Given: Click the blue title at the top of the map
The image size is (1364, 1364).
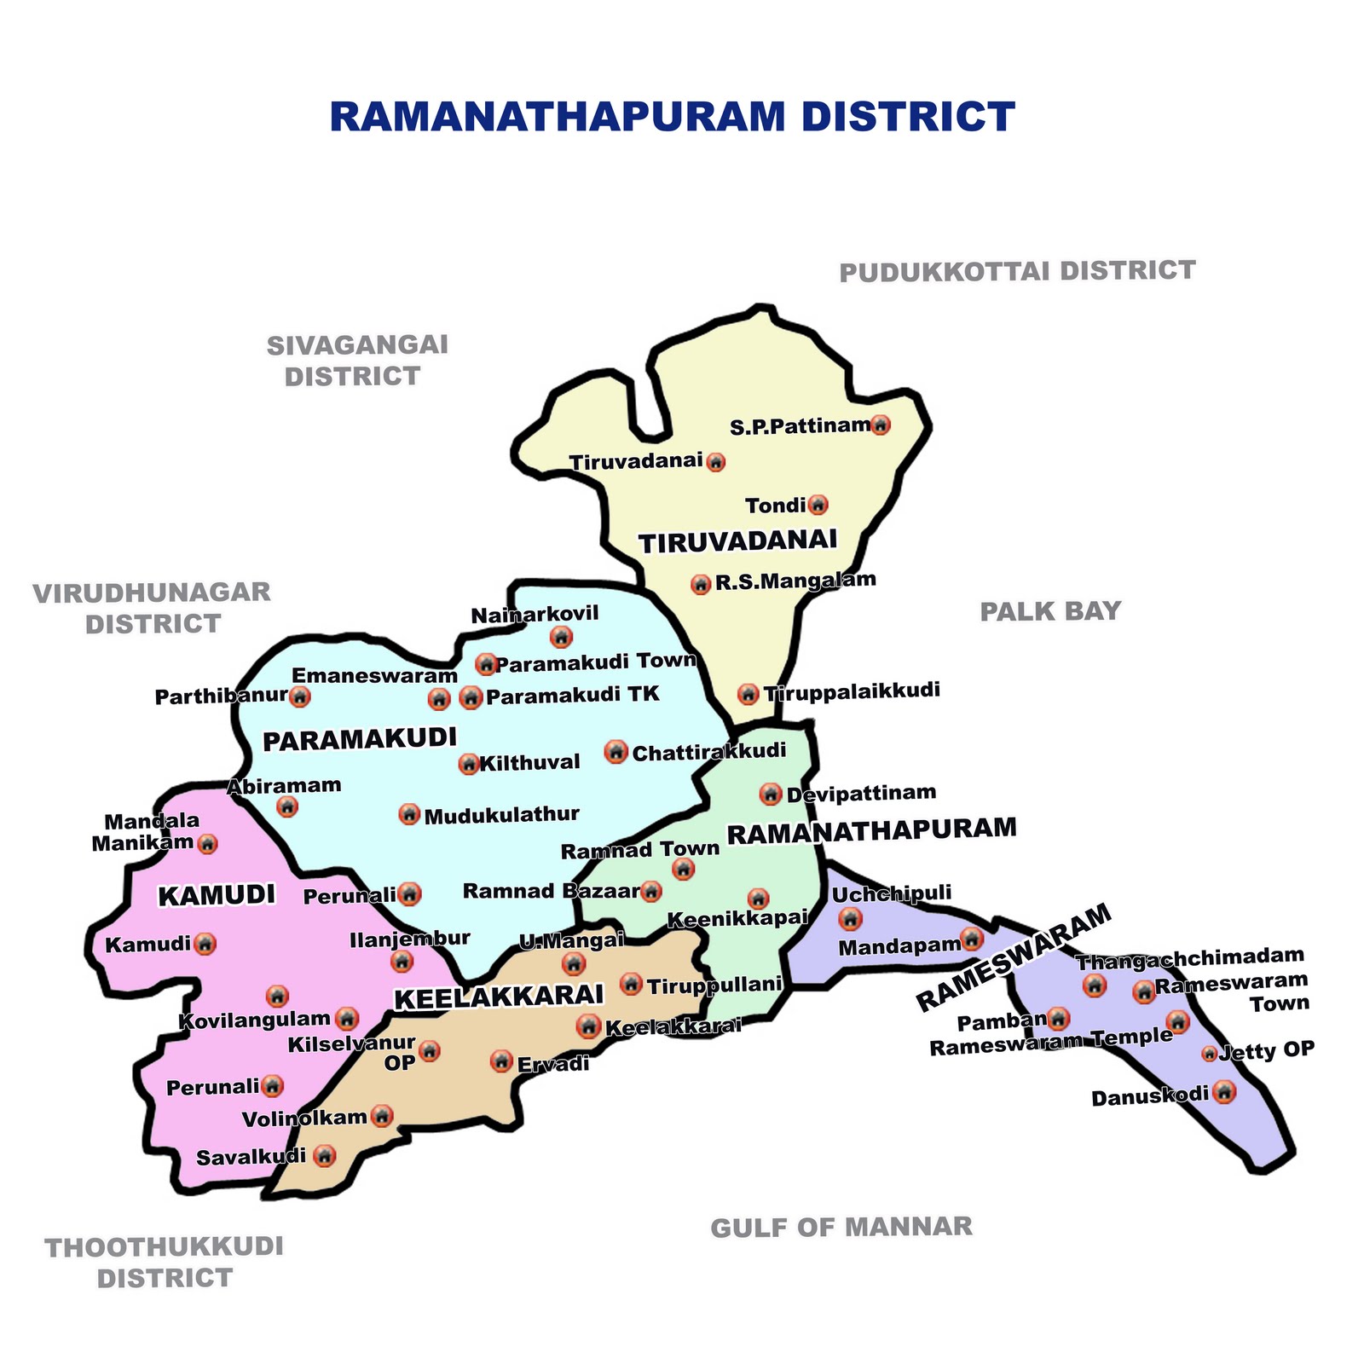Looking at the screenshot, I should tap(672, 118).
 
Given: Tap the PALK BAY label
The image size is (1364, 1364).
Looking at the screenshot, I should tap(1049, 611).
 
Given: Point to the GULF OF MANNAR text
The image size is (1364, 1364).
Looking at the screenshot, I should tap(841, 1227).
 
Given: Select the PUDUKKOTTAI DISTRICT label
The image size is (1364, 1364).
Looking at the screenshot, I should tap(1017, 271).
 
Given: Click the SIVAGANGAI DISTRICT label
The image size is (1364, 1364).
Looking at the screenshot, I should tap(355, 361).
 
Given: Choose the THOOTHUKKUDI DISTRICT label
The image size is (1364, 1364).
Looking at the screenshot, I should tap(164, 1263).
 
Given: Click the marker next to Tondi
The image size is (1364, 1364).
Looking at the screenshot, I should tap(818, 506).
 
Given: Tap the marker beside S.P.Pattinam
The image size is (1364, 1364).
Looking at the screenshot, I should tap(881, 425).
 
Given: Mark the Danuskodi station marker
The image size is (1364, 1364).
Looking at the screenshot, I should tap(1223, 1091).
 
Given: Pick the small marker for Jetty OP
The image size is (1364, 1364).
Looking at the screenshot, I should tap(1209, 1054).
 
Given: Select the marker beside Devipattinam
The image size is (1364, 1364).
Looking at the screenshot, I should tap(771, 794).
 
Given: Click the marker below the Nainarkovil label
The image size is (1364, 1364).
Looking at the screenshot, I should tap(561, 636).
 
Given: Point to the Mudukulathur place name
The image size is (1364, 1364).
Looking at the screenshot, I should tap(501, 815).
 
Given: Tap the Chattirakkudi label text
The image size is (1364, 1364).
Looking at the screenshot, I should tap(708, 752).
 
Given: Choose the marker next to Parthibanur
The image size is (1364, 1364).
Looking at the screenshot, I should tap(299, 696).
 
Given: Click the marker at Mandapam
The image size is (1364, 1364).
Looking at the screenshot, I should tap(971, 939).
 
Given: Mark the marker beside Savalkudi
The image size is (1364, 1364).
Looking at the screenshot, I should tap(324, 1156).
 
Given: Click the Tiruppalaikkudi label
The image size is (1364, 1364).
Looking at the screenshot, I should tap(852, 691).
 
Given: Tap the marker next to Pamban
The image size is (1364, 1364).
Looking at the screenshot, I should tap(1057, 1018).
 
